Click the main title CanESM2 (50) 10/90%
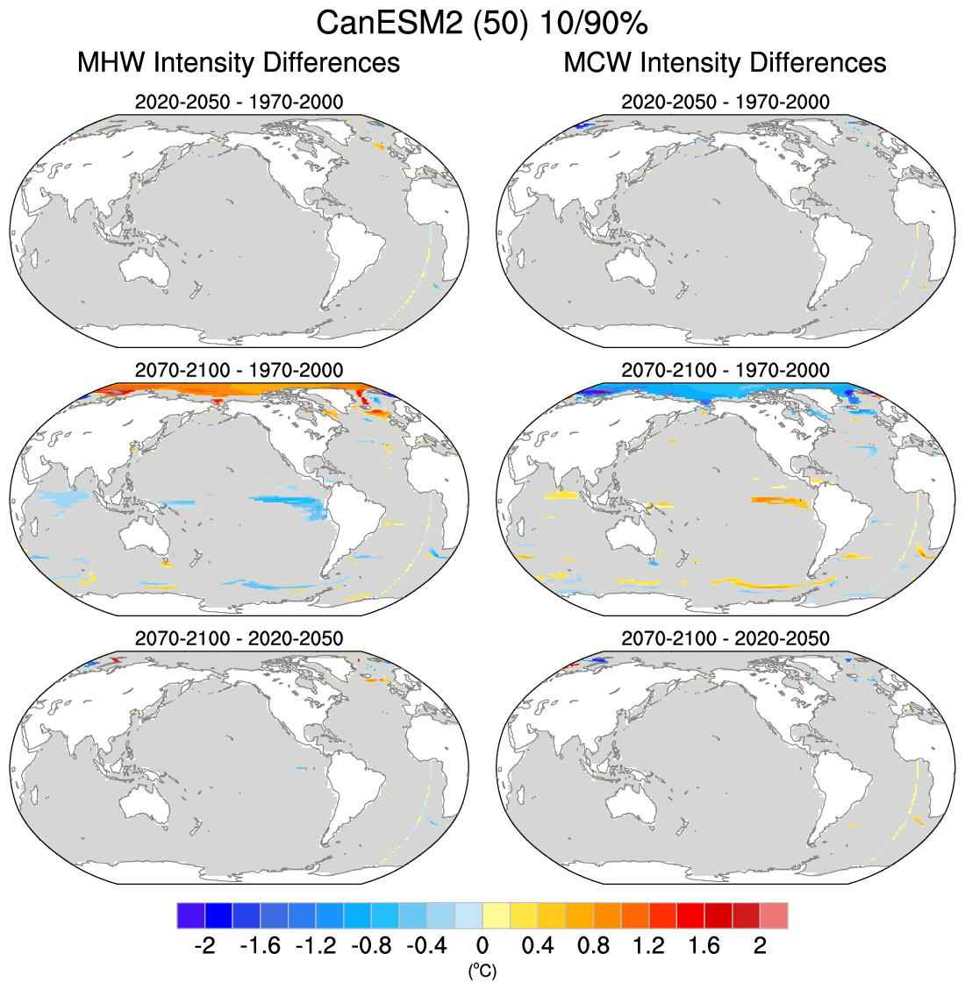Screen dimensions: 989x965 point(482,23)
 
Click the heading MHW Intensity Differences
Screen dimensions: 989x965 point(239,63)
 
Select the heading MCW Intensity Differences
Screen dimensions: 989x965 point(725,63)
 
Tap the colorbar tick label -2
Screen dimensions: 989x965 point(204,947)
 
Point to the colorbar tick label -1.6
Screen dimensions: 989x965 point(260,947)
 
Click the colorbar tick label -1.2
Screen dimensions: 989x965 point(316,947)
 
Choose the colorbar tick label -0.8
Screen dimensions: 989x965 point(371,947)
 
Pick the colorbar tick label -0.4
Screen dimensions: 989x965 point(426,947)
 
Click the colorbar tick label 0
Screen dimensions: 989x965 point(482,947)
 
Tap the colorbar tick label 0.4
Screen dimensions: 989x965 point(538,947)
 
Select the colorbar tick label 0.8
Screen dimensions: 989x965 point(593,947)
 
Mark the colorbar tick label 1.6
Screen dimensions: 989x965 point(704,947)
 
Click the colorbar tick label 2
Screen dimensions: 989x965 point(760,947)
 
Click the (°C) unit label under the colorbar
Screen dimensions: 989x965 point(482,971)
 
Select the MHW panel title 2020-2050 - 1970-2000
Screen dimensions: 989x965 point(239,102)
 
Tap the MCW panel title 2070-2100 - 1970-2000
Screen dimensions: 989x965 point(725,370)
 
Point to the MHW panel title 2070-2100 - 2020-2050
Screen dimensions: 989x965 point(239,638)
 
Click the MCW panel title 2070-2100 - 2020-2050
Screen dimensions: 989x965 point(725,638)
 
